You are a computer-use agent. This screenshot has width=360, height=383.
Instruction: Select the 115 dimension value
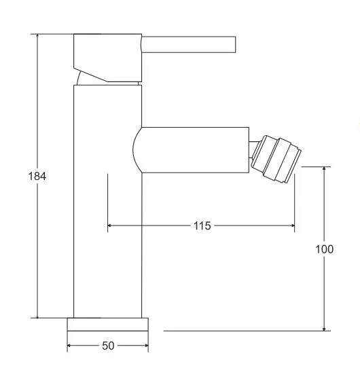point(202,226)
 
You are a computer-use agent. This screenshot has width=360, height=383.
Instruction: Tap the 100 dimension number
point(325,249)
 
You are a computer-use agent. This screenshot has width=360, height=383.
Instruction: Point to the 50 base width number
point(107,346)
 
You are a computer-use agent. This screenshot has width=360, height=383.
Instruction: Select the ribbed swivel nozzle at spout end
point(275,160)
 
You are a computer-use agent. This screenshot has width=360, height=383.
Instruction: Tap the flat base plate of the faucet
point(107,324)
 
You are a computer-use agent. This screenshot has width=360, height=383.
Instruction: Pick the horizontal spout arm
point(197,149)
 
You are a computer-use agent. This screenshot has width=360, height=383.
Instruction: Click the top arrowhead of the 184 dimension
point(37,37)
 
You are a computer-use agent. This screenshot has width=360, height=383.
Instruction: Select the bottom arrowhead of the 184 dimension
point(37,314)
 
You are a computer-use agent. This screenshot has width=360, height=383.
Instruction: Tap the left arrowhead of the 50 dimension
point(70,346)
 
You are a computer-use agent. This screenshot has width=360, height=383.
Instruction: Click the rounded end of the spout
point(137,149)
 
